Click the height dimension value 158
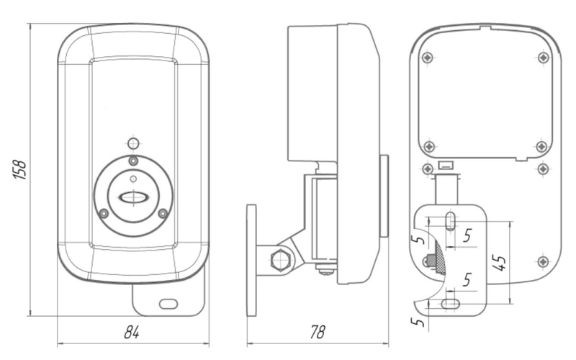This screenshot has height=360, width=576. (21, 169)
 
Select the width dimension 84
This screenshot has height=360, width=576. (131, 332)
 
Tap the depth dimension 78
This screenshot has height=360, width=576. (316, 332)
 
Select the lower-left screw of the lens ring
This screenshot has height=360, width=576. (104, 213)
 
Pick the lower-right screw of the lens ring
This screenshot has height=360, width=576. (163, 213)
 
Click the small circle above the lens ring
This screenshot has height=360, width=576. (131, 142)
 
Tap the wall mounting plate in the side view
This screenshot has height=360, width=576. (251, 260)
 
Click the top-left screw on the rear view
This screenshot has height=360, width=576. (428, 57)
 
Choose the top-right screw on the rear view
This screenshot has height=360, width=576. (542, 57)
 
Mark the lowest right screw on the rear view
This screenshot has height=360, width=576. (543, 261)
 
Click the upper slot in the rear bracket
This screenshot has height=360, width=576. (449, 220)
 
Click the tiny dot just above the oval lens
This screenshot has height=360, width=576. (132, 177)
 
